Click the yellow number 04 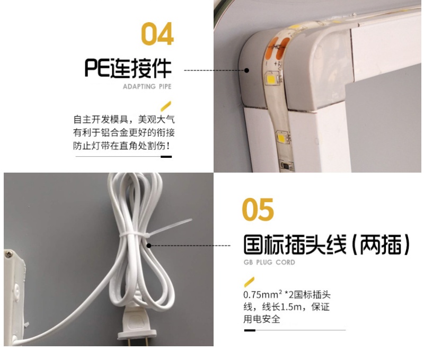tap(157, 34)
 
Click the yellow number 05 tap(258, 209)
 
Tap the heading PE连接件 tap(128, 68)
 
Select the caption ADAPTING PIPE tap(147, 86)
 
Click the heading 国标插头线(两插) tap(326, 245)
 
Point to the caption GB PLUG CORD tap(269, 262)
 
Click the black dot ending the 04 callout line tap(246, 70)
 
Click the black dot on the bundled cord tap(149, 246)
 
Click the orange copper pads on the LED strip tap(279, 47)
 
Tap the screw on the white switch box tap(9, 254)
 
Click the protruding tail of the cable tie tap(171, 228)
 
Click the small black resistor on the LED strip tap(287, 165)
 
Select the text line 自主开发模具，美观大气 tap(124, 119)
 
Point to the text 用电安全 tap(262, 319)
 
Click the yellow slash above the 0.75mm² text tap(249, 282)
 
